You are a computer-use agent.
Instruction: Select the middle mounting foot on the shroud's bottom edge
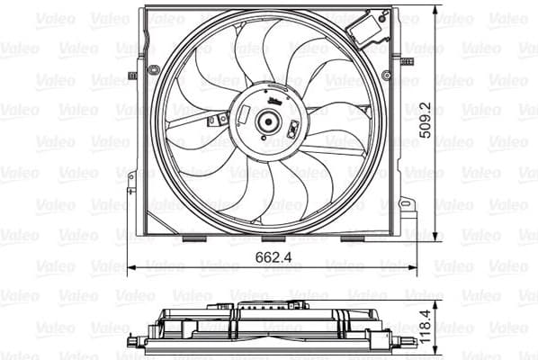273,238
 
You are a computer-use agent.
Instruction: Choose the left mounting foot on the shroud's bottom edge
193,238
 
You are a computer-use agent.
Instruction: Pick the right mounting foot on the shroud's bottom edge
352,238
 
